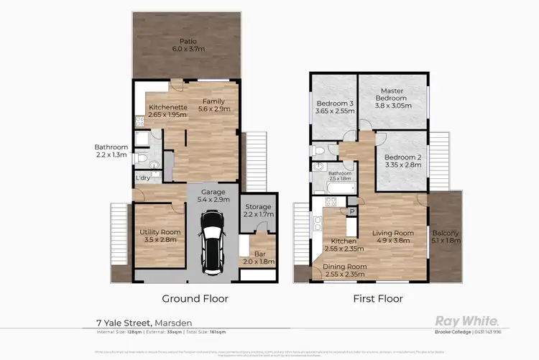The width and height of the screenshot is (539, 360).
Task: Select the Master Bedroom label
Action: (x=392, y=96)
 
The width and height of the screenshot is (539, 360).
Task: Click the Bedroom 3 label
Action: (x=334, y=107)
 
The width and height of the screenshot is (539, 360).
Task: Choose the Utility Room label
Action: (x=160, y=237)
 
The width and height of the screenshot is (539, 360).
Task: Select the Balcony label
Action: (x=446, y=237)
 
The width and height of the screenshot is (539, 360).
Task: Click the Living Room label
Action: (x=392, y=237)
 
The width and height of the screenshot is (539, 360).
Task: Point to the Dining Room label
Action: (x=344, y=270)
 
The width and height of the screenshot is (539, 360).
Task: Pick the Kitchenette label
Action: (x=167, y=111)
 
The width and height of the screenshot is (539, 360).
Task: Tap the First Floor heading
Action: (x=378, y=298)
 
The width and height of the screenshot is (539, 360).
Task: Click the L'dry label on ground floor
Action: (x=143, y=177)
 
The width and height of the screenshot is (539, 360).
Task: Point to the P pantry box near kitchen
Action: (x=352, y=211)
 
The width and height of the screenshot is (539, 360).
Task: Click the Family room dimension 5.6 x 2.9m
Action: (x=216, y=109)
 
